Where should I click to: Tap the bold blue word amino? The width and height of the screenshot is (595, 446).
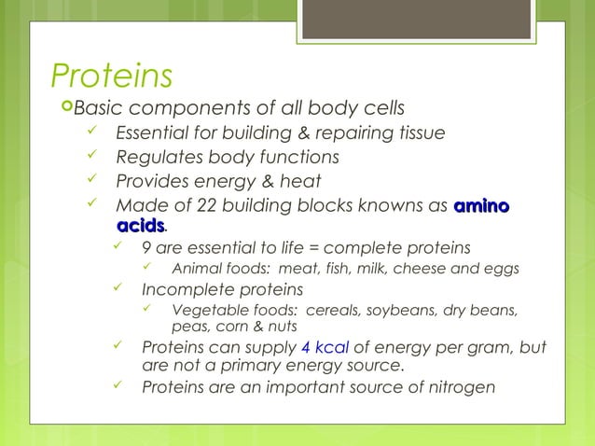point(482,206)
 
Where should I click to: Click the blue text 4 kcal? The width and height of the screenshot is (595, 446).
point(325,348)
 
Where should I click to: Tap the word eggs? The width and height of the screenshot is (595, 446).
point(500,269)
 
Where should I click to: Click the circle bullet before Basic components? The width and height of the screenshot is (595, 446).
point(63,106)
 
